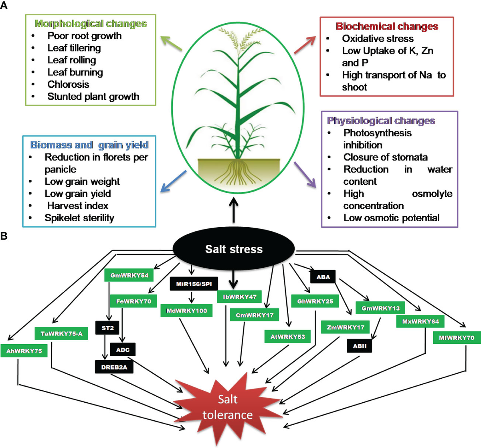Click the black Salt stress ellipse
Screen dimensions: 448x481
(234, 249)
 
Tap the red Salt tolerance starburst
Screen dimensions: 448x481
(227, 407)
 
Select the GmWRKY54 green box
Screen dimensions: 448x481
(129, 275)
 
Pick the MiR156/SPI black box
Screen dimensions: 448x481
(194, 284)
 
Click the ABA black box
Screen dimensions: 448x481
(323, 277)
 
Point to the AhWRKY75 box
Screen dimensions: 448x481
(24, 351)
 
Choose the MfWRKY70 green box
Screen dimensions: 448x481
(456, 338)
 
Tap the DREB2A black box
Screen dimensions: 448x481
(114, 367)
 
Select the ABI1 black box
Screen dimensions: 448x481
(360, 346)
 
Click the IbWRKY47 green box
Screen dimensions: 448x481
(239, 297)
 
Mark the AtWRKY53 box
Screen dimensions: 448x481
(287, 337)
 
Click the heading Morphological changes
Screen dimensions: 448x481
(91, 24)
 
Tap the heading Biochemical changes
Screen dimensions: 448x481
(387, 26)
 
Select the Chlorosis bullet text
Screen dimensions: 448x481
(68, 85)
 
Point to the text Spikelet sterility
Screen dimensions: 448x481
(79, 218)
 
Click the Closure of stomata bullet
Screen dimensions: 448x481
(385, 157)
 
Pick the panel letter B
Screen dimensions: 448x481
(4, 236)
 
